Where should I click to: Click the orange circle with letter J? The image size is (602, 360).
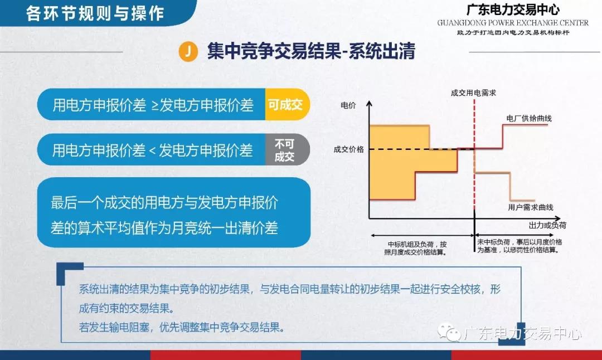pos(188,51)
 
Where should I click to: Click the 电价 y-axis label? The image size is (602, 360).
pos(348,105)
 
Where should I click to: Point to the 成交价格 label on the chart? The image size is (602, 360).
pos(348,149)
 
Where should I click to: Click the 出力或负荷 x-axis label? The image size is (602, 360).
pos(547,225)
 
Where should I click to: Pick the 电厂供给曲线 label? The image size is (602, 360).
pos(529,118)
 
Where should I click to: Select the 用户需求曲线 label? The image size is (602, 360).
pos(531,207)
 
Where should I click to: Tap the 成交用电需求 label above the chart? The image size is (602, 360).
pos(473,93)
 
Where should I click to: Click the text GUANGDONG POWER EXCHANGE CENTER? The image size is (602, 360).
pos(513,23)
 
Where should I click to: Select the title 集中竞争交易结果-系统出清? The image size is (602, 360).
pos(311,51)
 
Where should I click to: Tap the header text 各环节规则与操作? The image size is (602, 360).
pos(95,13)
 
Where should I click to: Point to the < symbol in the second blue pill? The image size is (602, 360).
pos(152,150)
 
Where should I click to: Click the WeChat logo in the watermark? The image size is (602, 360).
pos(449,332)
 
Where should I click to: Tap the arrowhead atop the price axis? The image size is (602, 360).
pos(370,104)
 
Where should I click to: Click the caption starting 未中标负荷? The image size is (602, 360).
pos(520,246)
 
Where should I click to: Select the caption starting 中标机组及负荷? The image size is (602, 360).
pos(416,248)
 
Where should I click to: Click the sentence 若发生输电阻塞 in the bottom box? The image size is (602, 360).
pos(181,327)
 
